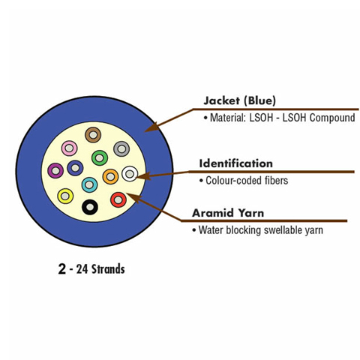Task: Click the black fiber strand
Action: (x=90, y=207)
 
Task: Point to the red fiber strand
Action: (x=118, y=199)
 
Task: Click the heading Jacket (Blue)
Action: (x=240, y=100)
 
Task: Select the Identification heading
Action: (x=235, y=163)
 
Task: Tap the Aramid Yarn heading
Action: (x=228, y=213)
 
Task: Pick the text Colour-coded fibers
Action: (x=247, y=181)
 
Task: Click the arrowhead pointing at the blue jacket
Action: (x=151, y=127)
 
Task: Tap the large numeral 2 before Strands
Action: (x=61, y=269)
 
